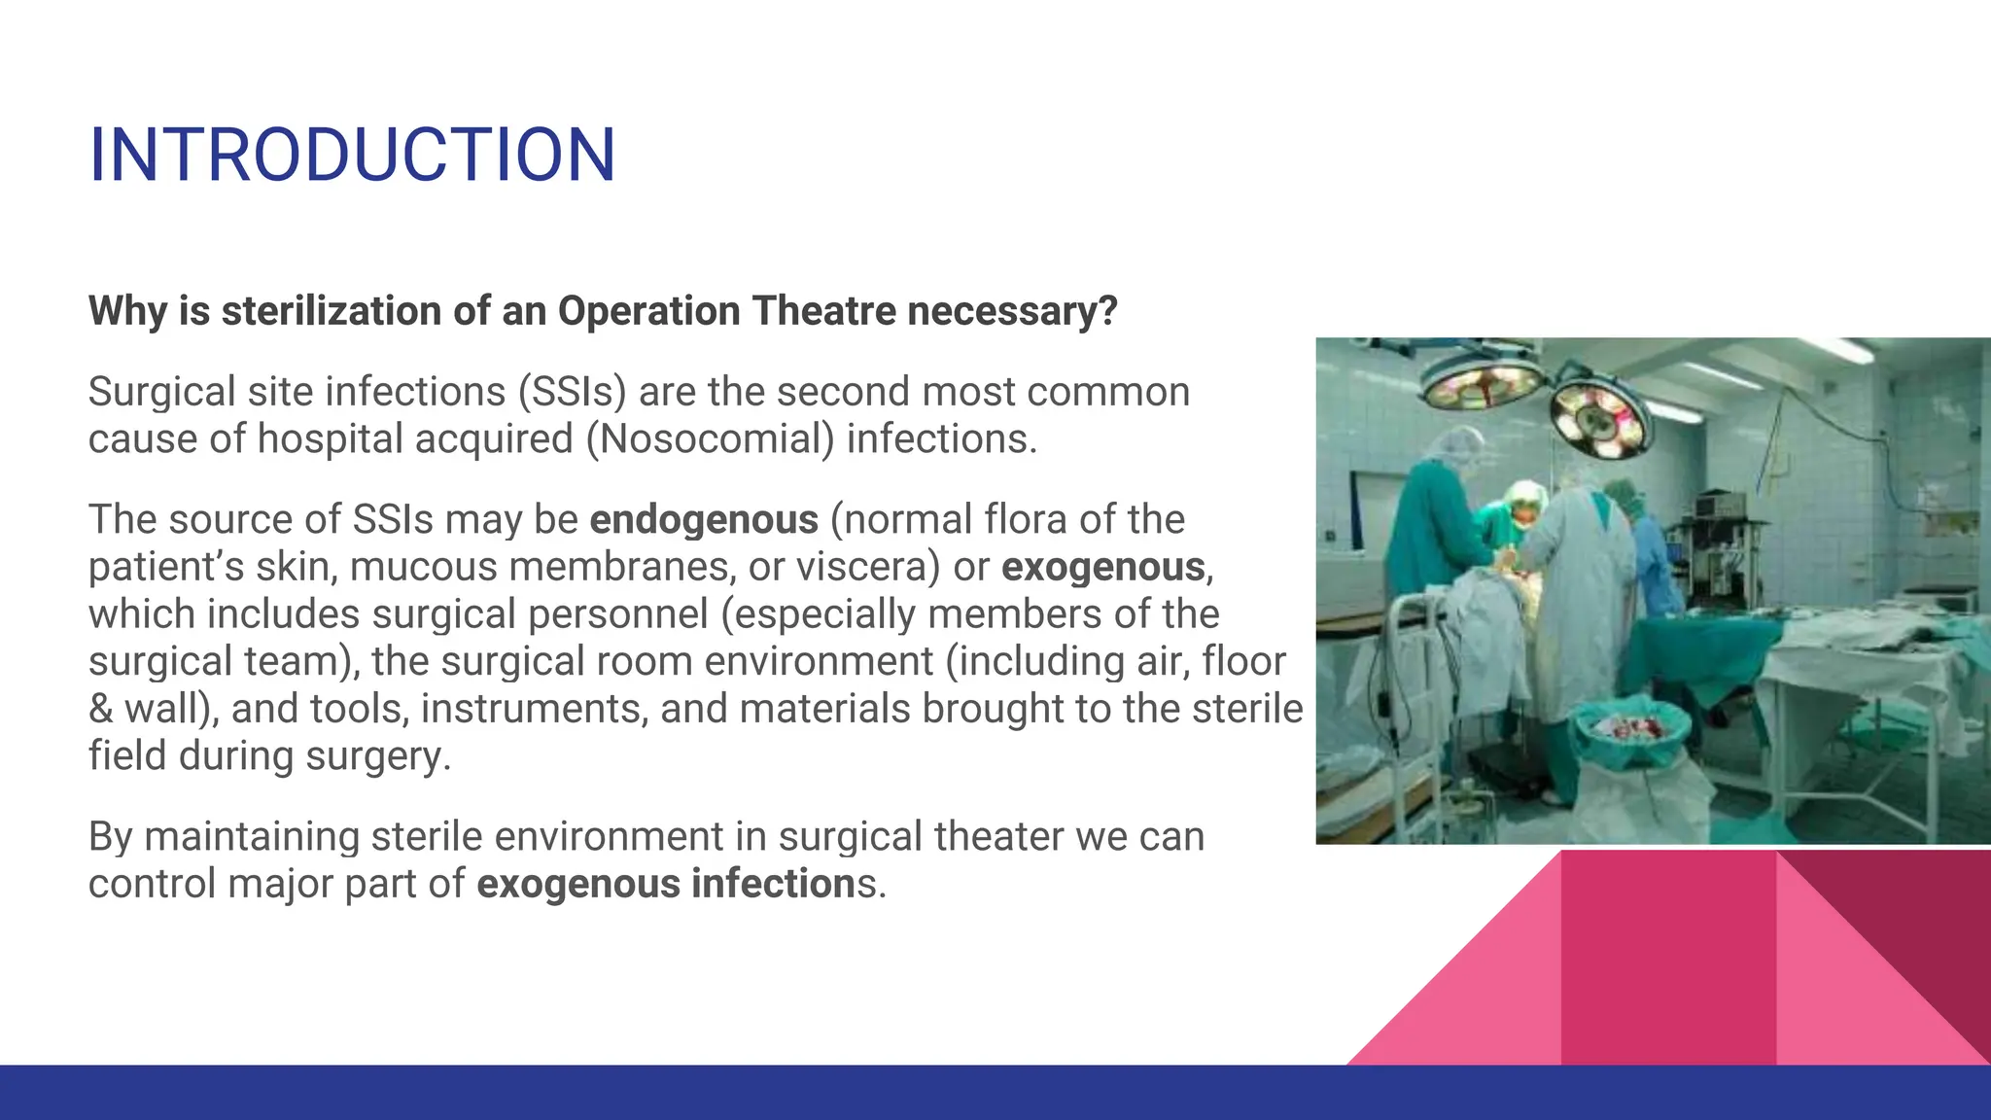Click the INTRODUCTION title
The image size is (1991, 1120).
352,156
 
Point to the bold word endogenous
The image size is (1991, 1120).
704,520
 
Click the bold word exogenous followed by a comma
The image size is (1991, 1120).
1103,567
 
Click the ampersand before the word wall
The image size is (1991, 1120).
100,709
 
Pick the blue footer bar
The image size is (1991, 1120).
995,1093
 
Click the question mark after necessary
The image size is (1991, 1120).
1108,312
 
